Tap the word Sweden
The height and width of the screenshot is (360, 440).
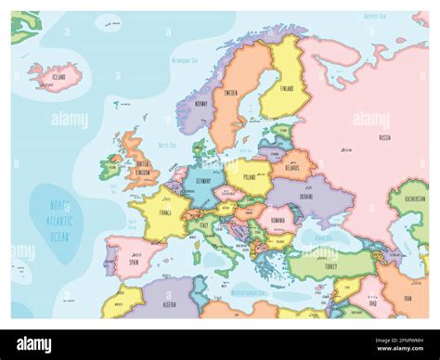[x=232, y=94]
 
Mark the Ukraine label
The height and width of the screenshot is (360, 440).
[x=307, y=197]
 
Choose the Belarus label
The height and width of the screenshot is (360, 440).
[x=293, y=169]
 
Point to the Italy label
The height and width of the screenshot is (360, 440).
[x=202, y=225]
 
